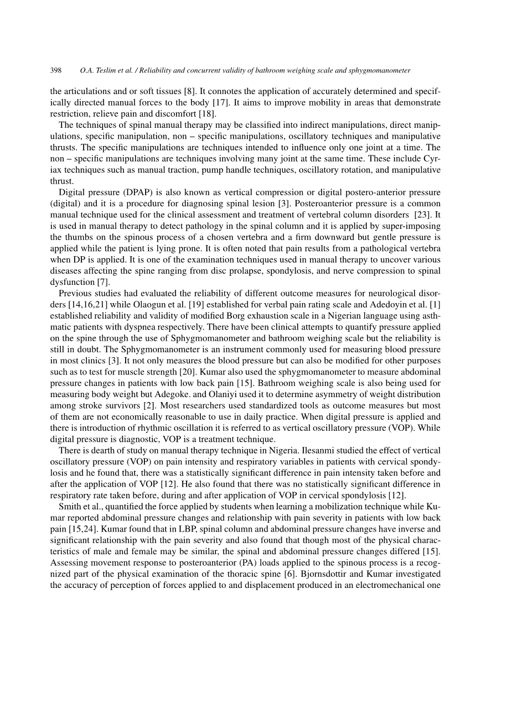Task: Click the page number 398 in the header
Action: [55, 71]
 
